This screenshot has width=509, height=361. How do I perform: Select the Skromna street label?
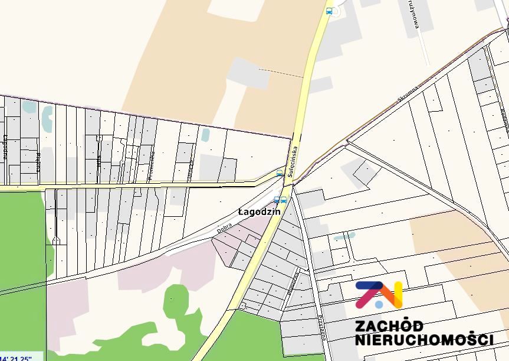(407, 95)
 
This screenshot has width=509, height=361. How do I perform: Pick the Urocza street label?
(190, 170)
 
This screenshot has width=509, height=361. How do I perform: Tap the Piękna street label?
(38, 161)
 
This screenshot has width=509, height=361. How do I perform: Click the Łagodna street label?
(5, 147)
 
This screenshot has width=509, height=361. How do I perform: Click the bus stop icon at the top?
(329, 11)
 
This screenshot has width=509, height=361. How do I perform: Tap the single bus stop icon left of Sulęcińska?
(280, 174)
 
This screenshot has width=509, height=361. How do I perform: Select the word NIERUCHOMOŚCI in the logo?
(423, 340)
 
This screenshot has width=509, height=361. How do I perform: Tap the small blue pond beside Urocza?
(205, 135)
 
